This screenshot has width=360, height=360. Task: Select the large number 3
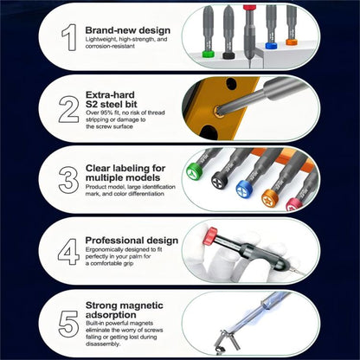coord(67,179)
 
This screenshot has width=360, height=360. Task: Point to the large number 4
coord(67,251)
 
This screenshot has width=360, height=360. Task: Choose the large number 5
coord(67,323)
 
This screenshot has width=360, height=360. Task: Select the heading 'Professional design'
coord(132,240)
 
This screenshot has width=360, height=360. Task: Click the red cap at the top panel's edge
coord(249,7)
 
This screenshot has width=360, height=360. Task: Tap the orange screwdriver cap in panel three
coord(269,197)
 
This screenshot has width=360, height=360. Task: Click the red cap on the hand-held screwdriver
coord(210,235)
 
